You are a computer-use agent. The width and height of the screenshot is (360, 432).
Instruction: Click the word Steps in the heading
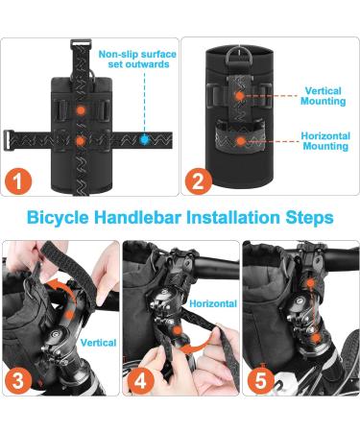[x=309, y=218]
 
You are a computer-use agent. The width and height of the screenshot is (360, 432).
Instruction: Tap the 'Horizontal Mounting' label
[x=324, y=141]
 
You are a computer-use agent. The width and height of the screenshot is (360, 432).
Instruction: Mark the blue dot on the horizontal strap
[x=145, y=139]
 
